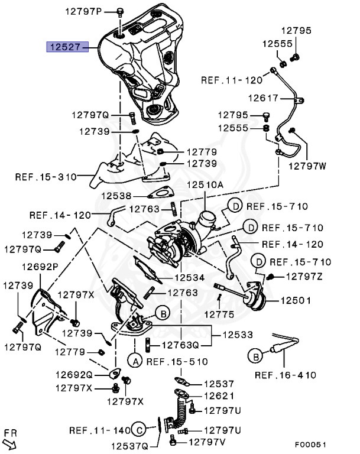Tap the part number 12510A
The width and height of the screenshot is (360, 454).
206,185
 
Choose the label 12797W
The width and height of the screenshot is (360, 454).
307,166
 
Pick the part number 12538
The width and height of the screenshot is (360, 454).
116,195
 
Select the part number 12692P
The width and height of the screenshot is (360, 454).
40,266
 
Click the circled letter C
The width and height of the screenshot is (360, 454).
138,430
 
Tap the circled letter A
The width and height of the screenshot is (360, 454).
134,359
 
